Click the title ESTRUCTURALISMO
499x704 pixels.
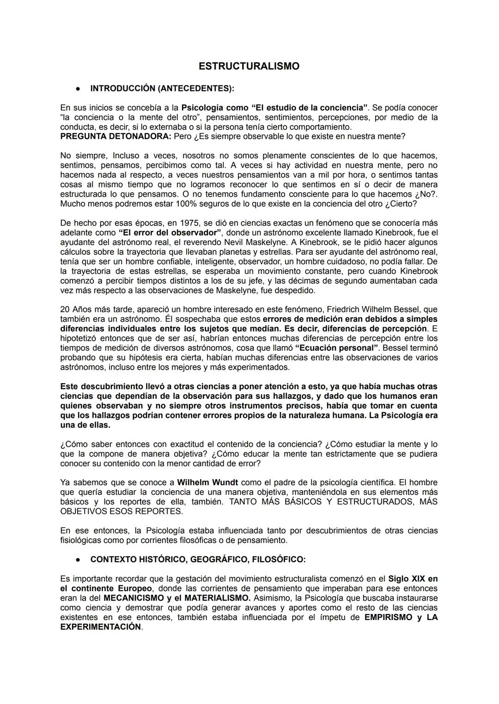[x=249, y=66]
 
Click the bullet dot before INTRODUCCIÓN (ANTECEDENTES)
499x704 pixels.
[x=79, y=88]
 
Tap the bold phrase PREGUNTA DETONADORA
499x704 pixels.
[x=116, y=137]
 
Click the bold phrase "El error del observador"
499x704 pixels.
[x=170, y=233]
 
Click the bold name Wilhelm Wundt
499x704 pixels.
[x=207, y=482]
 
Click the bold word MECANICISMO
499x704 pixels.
[x=133, y=598]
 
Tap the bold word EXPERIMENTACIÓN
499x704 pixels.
[x=100, y=627]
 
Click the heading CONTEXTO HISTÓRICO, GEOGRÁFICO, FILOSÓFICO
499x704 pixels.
[x=198, y=560]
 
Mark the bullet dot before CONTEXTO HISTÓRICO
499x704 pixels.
[x=79, y=560]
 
